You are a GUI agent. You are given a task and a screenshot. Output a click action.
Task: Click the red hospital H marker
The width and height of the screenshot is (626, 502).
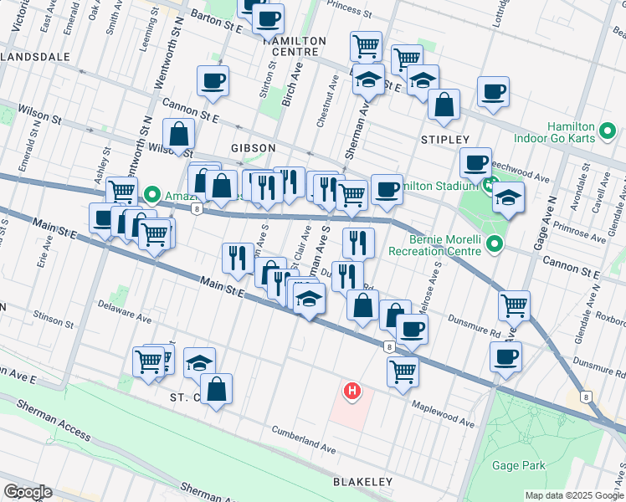pos(353,391)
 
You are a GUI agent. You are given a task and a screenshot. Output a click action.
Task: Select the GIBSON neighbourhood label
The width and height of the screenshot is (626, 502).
pos(248,147)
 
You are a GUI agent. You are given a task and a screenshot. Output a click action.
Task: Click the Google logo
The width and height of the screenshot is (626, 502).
pos(28,492)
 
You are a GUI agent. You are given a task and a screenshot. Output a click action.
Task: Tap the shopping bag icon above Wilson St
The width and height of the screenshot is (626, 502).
pos(179,132)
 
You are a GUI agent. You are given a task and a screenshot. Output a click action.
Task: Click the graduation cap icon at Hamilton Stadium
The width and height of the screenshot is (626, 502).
pos(506,197)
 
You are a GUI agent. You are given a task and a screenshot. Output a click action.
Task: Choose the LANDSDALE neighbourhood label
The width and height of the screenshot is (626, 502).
pos(31,57)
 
